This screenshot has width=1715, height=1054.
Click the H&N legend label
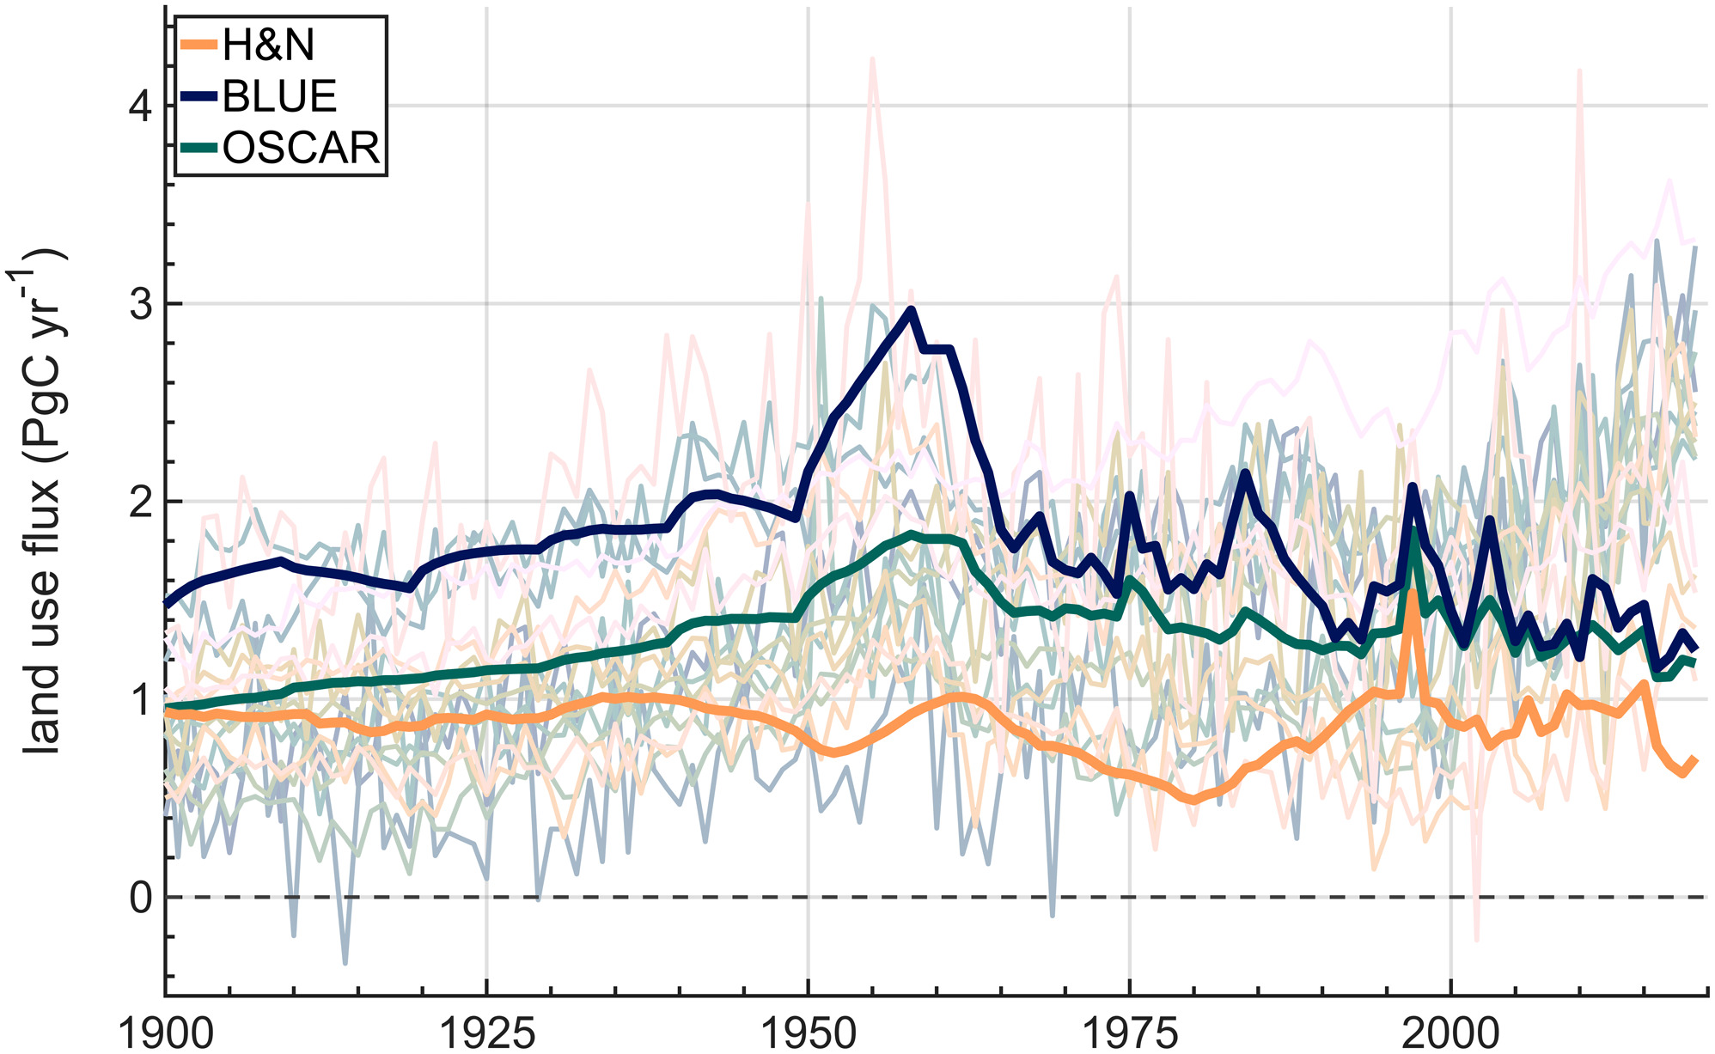[x=268, y=46]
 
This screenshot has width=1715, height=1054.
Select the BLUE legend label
[x=279, y=97]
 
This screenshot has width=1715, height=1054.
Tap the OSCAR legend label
[x=301, y=149]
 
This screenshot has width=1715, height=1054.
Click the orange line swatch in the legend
[x=199, y=46]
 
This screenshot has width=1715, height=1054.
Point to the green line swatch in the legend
[x=199, y=149]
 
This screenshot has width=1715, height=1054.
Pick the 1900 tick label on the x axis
[x=165, y=1033]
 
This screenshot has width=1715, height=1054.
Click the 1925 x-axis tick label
[x=486, y=1033]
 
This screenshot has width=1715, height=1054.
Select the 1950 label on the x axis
[x=808, y=1033]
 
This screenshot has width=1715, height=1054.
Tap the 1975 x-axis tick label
[x=1129, y=1033]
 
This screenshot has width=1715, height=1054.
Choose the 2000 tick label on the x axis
[x=1450, y=1033]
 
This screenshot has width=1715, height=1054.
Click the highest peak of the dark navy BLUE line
[x=911, y=309]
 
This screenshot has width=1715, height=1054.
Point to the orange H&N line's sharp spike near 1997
[x=1412, y=593]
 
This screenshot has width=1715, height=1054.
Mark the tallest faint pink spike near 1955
[x=872, y=59]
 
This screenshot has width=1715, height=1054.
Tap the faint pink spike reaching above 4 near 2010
[x=1579, y=71]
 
